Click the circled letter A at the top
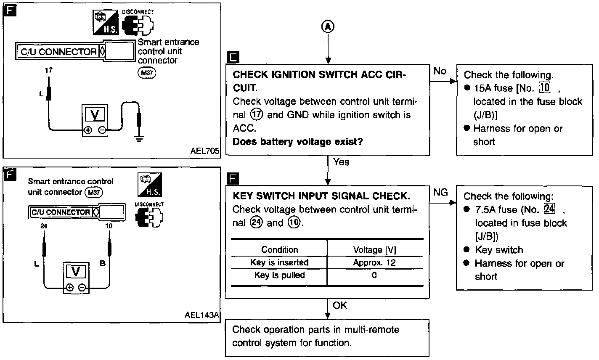328,27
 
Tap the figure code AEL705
204,151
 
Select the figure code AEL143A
201,315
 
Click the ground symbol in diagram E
139,139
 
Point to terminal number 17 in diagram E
49,70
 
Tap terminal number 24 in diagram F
44,226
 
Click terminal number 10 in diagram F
109,226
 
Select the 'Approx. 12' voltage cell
374,263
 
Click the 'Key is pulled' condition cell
279,275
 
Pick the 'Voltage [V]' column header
374,250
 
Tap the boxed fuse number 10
544,87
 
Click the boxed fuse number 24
549,209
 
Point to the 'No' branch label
440,71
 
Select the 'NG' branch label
440,192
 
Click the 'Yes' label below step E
341,162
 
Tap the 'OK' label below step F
339,305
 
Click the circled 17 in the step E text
257,115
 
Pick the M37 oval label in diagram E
147,73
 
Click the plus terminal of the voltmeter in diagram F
69,288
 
